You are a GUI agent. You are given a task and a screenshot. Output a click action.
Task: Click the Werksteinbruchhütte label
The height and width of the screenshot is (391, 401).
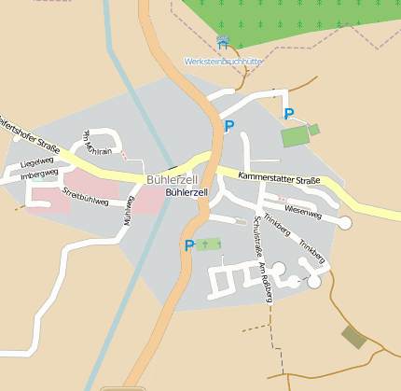point(223,62)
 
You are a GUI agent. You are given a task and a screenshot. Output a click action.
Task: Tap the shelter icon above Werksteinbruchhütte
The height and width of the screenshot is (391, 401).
point(222,41)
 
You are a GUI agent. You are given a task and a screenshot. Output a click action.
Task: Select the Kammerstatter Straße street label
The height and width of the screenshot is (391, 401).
point(279,178)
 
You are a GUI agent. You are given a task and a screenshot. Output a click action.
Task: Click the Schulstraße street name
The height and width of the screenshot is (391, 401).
point(257,237)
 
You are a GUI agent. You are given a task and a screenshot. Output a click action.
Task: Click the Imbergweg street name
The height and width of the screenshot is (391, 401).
point(39,174)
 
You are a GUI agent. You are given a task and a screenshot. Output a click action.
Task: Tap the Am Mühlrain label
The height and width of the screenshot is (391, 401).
point(99,142)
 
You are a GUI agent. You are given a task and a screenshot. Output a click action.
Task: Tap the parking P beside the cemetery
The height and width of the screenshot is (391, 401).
point(189,245)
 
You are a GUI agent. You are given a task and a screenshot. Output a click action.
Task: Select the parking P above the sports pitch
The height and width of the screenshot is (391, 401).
point(289,114)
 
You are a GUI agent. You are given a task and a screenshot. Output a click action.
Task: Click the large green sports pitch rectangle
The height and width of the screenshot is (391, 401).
point(294,136)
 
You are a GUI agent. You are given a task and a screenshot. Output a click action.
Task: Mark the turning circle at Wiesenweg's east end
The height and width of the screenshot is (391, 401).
point(345,222)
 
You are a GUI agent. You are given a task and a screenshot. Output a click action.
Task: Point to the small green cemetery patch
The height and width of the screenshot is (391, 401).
point(209,244)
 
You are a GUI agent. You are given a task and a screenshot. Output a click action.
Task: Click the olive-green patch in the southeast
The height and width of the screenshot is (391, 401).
point(353,337)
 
